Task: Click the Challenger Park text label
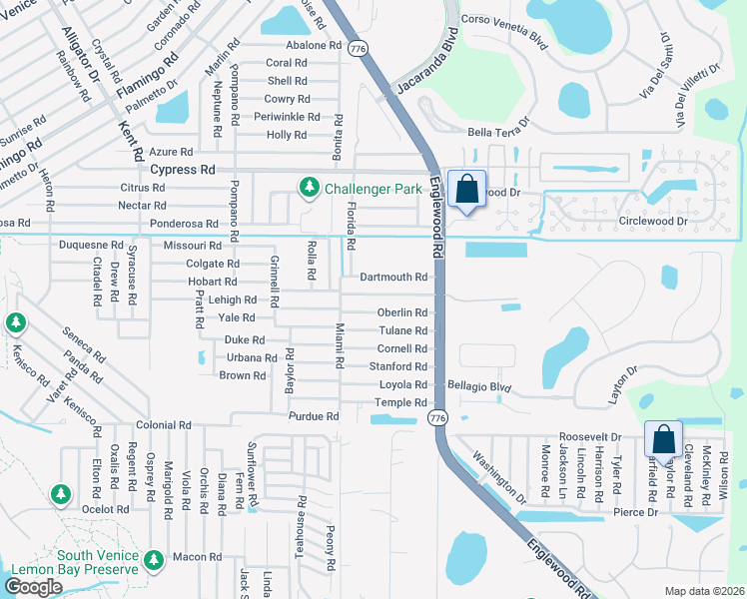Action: point(372,187)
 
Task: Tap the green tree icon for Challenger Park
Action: point(310,187)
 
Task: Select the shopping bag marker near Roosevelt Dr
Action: point(663,440)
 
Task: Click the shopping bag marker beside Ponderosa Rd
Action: point(466,190)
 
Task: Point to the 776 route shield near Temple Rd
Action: point(436,417)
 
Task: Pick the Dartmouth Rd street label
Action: point(393,277)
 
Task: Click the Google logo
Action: point(34,587)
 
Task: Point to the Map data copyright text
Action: point(703,591)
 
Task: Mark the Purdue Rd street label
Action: point(314,416)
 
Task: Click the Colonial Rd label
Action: point(164,425)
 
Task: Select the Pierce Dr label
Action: point(637,512)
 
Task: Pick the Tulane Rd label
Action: point(402,330)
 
